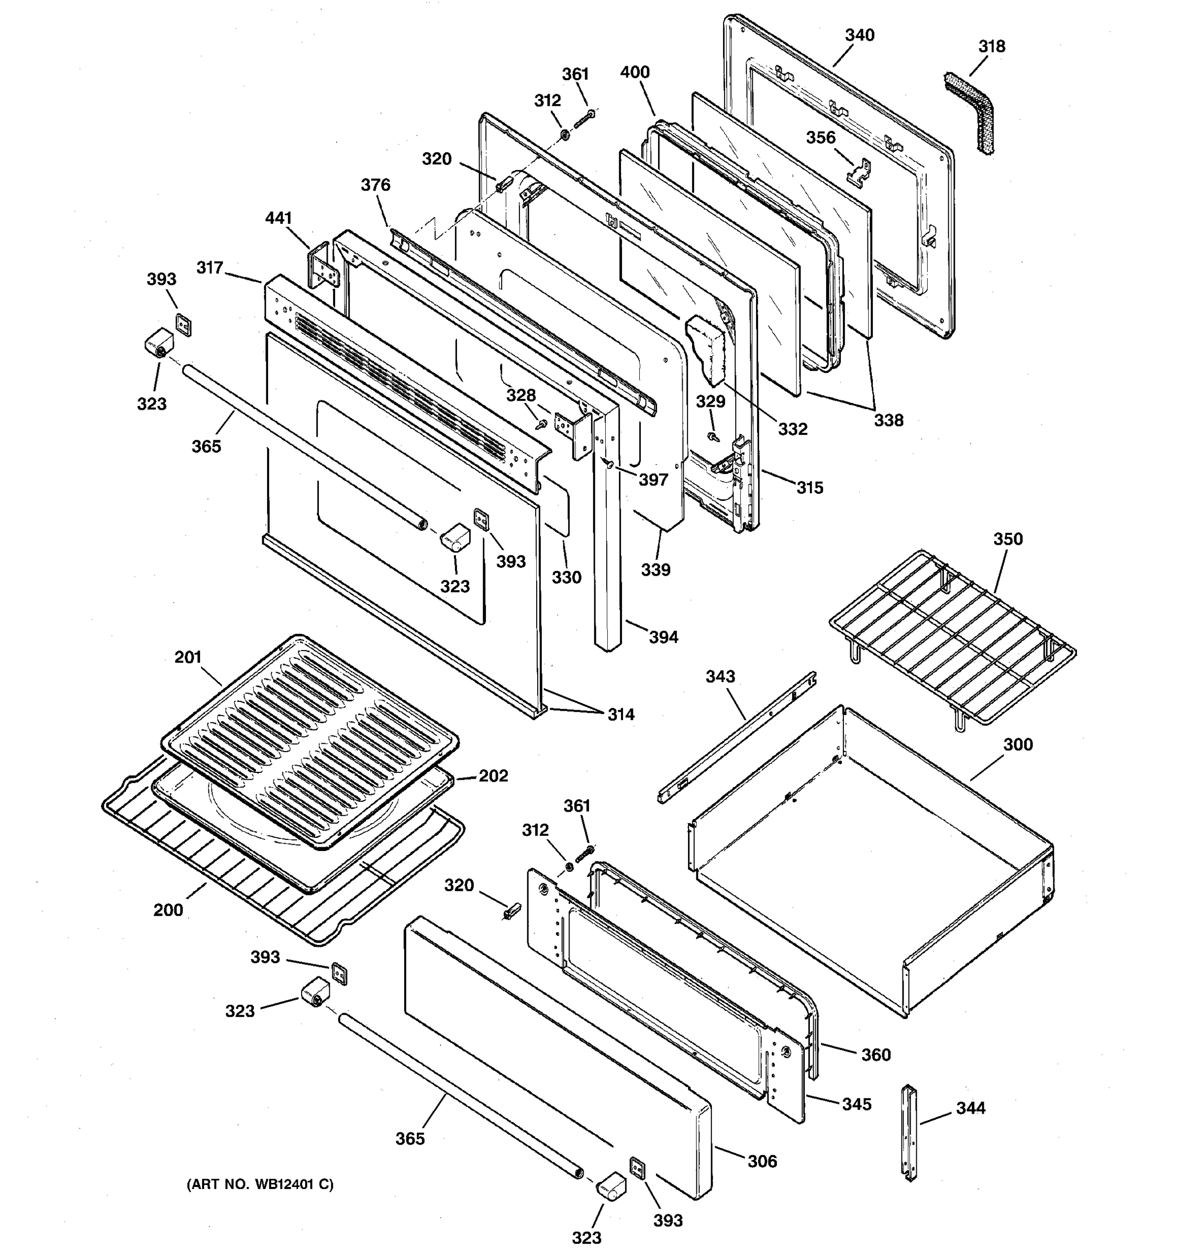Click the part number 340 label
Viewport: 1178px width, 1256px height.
[x=860, y=36]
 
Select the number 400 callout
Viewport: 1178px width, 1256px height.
[x=635, y=73]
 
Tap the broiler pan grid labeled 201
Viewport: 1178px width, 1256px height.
[x=309, y=739]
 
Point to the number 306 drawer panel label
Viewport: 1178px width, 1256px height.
[x=762, y=1161]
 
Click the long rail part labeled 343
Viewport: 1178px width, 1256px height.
[x=736, y=739]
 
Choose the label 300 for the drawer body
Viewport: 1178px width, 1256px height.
[x=1018, y=745]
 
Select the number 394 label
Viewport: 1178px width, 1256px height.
[x=663, y=637]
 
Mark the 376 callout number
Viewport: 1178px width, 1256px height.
[x=375, y=185]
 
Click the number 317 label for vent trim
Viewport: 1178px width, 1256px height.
[x=210, y=268]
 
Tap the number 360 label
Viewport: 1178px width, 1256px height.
[x=876, y=1055]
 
